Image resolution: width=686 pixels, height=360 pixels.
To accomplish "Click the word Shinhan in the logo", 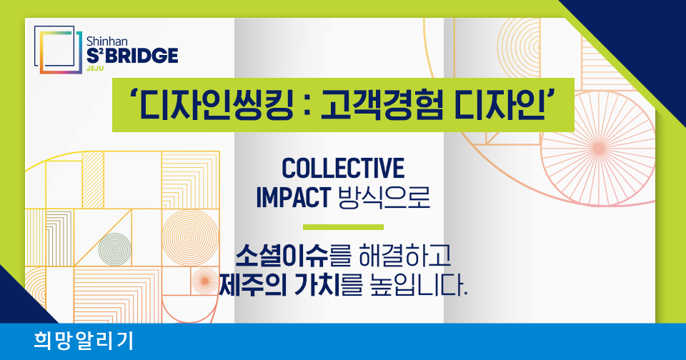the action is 106,41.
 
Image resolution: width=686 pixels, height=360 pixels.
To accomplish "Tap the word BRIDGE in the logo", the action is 141,56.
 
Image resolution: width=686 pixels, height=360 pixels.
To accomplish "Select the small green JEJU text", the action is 95,69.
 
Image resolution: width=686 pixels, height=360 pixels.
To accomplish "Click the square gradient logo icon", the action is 58,49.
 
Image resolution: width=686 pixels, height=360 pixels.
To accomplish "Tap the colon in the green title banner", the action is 307,107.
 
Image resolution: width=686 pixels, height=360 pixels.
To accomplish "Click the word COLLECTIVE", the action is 343,168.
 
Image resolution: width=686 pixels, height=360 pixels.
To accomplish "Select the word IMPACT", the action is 293,197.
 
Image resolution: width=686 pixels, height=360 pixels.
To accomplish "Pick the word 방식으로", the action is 384,197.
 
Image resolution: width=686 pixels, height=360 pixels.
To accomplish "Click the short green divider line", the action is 343,227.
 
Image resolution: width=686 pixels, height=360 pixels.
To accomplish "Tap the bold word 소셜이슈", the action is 282,256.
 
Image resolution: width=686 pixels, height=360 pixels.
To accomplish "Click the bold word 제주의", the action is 252,284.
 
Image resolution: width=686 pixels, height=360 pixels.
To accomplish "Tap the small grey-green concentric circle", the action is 114,249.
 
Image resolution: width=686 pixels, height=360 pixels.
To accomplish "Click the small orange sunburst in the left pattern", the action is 204,281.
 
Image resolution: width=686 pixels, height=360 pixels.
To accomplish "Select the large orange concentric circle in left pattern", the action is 190,238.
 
